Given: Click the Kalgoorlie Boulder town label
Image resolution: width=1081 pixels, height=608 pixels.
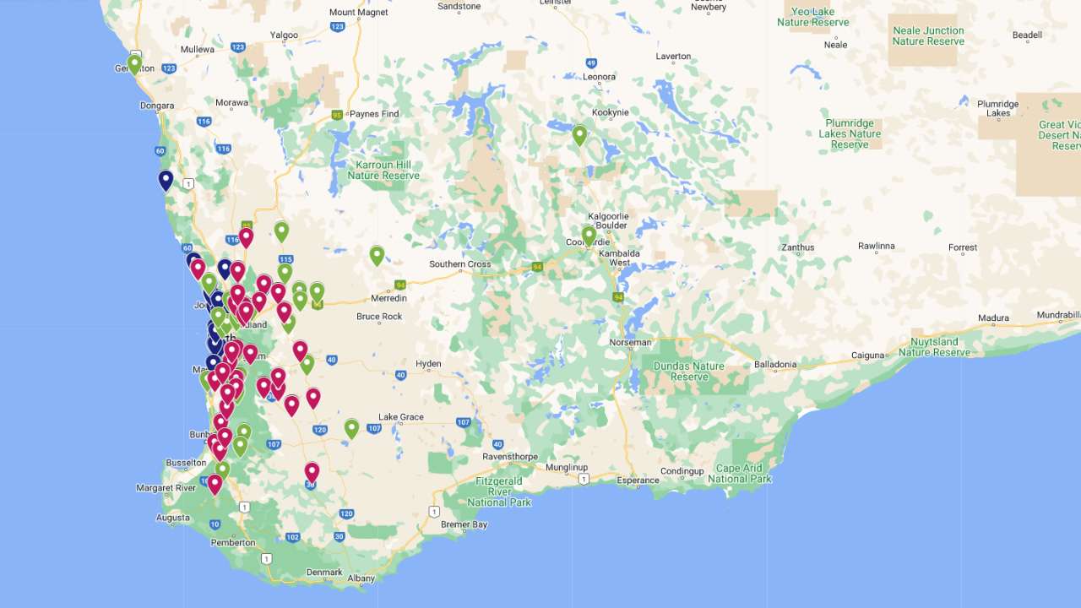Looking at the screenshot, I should click(x=607, y=220).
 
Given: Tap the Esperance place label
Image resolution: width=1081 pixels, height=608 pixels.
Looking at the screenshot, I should click(x=638, y=480).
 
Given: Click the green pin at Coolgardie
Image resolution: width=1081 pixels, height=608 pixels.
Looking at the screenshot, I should click(x=589, y=236).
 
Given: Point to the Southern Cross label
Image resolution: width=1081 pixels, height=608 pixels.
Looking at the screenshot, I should click(x=459, y=264).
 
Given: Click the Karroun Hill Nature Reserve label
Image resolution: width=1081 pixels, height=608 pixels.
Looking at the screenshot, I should click(x=383, y=170).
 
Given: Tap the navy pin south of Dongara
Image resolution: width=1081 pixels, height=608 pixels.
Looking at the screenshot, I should click(x=166, y=180).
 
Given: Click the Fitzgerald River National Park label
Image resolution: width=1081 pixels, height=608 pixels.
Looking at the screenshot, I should click(x=499, y=491).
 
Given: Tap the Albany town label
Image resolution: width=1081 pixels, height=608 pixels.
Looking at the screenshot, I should click(x=361, y=578).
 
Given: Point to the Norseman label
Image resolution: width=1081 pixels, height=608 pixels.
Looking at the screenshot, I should click(x=630, y=342).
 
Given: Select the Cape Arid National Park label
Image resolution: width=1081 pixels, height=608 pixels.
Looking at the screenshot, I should click(x=740, y=474).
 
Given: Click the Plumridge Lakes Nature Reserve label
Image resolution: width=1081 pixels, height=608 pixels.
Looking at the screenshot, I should click(x=850, y=133).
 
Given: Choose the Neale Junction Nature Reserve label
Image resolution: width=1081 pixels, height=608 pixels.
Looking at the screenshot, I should click(x=928, y=35).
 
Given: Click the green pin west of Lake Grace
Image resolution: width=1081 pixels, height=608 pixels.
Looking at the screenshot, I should click(x=351, y=428).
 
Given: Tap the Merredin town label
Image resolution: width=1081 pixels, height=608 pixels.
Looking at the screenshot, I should click(x=388, y=298).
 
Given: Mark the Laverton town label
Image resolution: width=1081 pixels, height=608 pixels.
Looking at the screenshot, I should click(x=673, y=57).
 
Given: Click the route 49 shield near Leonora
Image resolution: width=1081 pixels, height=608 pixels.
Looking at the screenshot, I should click(x=591, y=62).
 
